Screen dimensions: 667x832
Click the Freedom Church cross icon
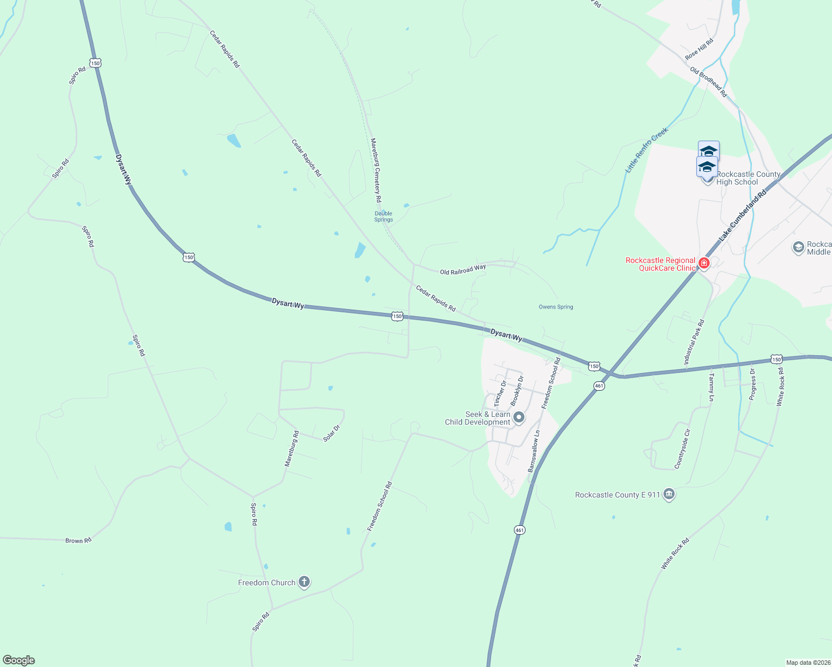point(304,582)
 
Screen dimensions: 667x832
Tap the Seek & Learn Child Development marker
point(519,417)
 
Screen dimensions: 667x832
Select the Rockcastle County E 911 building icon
point(669,494)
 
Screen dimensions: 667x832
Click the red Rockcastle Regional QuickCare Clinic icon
point(704,263)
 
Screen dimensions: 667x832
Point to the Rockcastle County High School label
point(748,178)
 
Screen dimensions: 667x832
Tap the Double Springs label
point(383,216)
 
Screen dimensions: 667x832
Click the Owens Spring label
point(556,307)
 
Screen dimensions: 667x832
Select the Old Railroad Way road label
point(463,270)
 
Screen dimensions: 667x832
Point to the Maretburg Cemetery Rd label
point(377,170)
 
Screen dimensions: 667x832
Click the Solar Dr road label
point(331,433)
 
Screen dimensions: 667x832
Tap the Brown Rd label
point(78,540)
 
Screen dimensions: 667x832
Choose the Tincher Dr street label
point(501,394)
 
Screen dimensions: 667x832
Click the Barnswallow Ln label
point(534,451)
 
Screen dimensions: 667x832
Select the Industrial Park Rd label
point(694,342)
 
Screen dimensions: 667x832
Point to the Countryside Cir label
point(682,449)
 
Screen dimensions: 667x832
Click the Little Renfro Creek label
point(646,150)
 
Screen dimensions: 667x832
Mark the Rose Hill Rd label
point(699,49)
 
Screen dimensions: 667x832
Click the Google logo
point(19,660)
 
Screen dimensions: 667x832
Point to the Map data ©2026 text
point(808,663)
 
